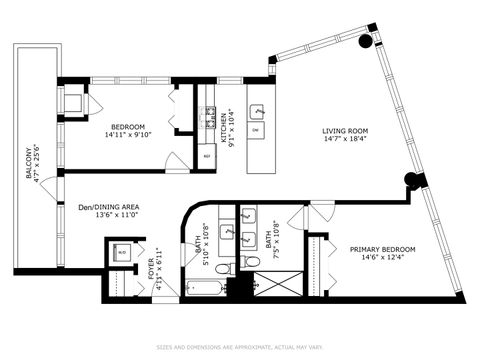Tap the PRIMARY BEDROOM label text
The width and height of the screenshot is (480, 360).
pyautogui.click(x=382, y=249)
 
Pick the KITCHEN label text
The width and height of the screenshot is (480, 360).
pyautogui.click(x=223, y=124)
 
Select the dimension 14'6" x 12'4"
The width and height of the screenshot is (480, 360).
pyautogui.click(x=382, y=260)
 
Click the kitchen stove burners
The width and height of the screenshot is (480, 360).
pyautogui.click(x=211, y=113)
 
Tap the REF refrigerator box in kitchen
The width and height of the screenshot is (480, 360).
pyautogui.click(x=207, y=156)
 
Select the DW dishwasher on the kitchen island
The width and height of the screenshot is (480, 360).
pyautogui.click(x=256, y=131)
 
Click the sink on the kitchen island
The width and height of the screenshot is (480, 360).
pyautogui.click(x=256, y=111)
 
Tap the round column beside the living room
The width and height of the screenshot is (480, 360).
pyautogui.click(x=409, y=181)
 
